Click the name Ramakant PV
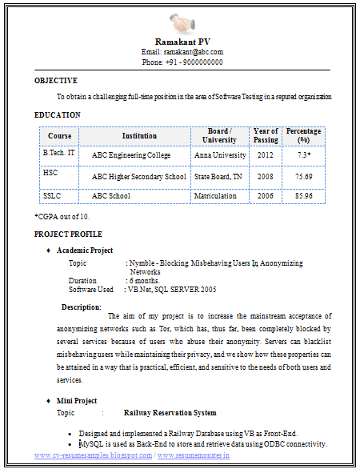[182, 42]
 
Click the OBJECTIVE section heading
[56, 81]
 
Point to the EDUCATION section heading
[57, 115]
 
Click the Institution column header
[139, 136]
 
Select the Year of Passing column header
[266, 136]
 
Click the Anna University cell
[220, 155]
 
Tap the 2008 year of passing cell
[266, 176]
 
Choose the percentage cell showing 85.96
[303, 196]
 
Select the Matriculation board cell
[215, 196]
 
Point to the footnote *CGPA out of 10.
[62, 217]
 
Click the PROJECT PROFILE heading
[68, 234]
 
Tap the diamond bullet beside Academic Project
[50, 251]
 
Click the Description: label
[82, 307]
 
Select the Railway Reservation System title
[170, 413]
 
